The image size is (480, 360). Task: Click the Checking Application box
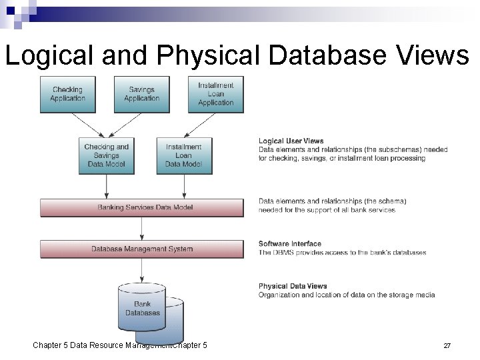(x=67, y=94)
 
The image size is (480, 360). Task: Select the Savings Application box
(x=141, y=94)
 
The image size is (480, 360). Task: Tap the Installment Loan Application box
(x=215, y=94)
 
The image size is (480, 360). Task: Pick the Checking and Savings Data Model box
(x=106, y=156)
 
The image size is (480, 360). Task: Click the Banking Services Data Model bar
(x=145, y=207)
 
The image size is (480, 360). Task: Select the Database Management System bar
(x=142, y=249)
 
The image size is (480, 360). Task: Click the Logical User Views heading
(x=291, y=141)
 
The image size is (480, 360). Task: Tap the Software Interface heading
(x=289, y=244)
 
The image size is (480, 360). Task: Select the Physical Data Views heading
(x=293, y=286)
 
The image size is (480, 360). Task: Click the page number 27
(x=447, y=346)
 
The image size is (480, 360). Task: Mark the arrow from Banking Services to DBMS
(x=142, y=228)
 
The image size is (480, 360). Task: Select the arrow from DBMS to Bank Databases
(x=142, y=270)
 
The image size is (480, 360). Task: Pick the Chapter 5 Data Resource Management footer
(x=120, y=345)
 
